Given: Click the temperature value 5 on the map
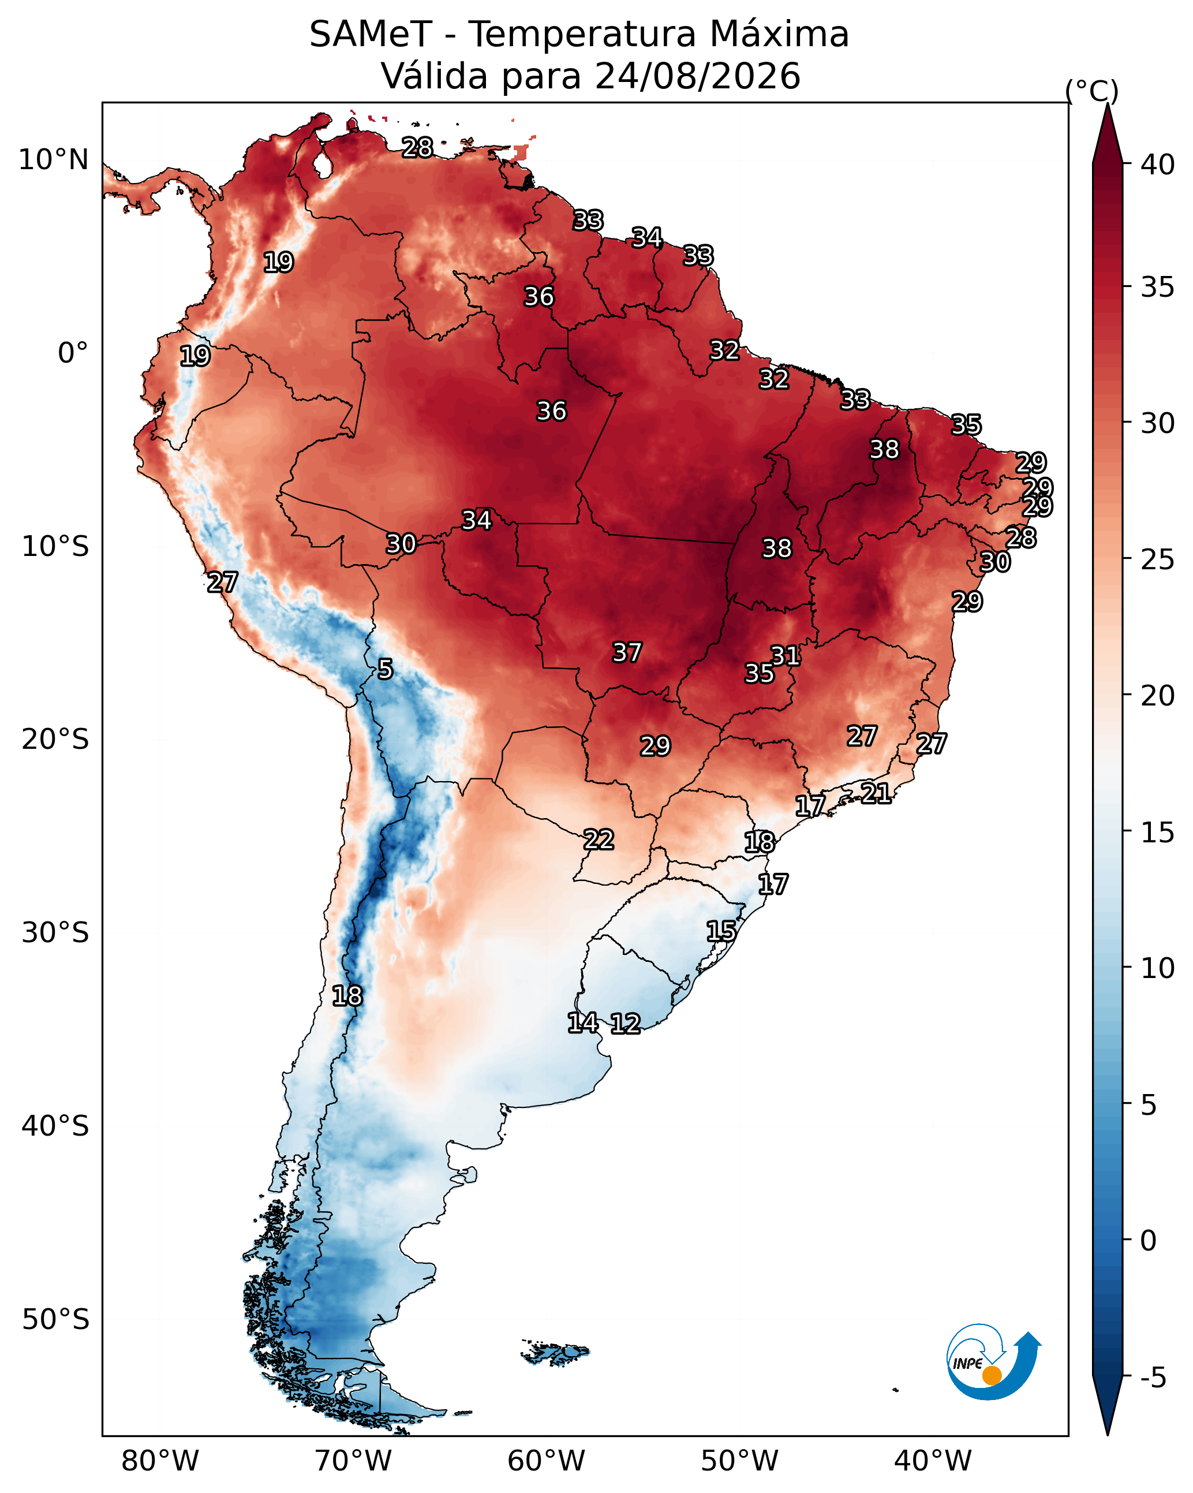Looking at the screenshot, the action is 385,669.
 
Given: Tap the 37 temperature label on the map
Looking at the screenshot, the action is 627,652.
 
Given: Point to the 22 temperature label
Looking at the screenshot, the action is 598,839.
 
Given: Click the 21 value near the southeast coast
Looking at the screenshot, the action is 876,792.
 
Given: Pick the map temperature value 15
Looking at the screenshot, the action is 721,931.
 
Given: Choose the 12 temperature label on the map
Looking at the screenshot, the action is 625,1023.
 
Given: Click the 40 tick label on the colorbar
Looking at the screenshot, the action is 1158,165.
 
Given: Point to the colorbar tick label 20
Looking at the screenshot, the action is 1158,695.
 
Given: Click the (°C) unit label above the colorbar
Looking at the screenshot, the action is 1092,91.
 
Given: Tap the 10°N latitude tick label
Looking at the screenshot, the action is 53,160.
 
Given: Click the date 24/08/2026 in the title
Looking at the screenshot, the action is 698,76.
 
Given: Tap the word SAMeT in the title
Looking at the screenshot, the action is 371,34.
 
